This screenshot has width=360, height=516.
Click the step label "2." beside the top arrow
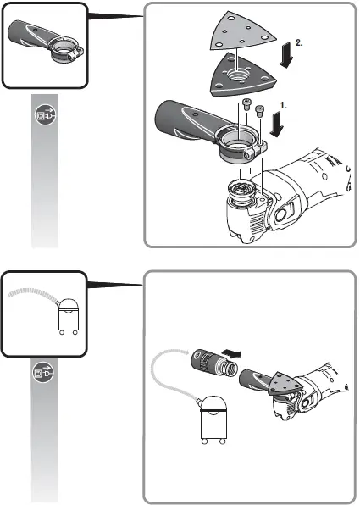(301, 40)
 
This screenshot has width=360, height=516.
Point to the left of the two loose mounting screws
(246, 105)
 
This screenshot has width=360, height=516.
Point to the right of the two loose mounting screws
(260, 109)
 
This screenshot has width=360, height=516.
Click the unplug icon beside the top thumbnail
(44, 114)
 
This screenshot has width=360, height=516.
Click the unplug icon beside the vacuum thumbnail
(44, 371)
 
